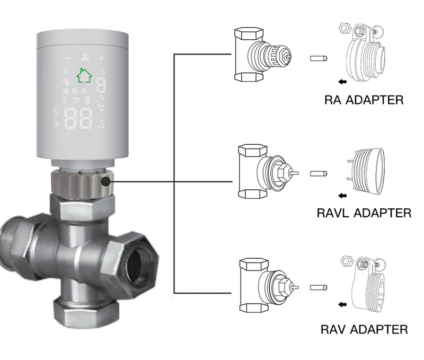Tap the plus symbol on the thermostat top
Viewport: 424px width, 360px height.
101,58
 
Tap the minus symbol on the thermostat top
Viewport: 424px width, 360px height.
67,58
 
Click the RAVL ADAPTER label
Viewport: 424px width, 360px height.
364,213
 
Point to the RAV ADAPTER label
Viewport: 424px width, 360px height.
364,329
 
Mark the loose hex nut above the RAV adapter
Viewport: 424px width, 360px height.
343,261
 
